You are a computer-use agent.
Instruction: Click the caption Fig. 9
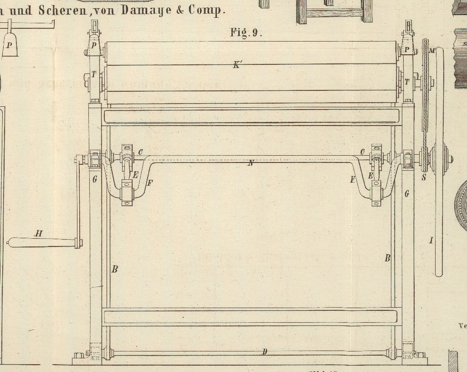click(246, 32)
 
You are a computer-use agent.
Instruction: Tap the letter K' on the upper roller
click(237, 65)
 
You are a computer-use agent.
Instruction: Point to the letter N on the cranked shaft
click(251, 163)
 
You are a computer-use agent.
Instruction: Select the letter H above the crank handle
click(39, 234)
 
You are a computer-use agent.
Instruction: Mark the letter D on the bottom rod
click(265, 351)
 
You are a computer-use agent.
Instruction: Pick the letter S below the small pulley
click(424, 177)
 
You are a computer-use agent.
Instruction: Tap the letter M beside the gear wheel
click(431, 50)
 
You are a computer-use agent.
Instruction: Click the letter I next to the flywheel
click(431, 240)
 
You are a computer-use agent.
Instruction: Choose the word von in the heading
click(107, 10)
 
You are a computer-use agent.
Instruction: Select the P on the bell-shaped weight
click(9, 45)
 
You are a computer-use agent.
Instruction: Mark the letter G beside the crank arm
click(95, 179)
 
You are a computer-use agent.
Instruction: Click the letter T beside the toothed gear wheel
click(407, 82)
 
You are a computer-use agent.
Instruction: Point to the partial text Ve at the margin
click(462, 326)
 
